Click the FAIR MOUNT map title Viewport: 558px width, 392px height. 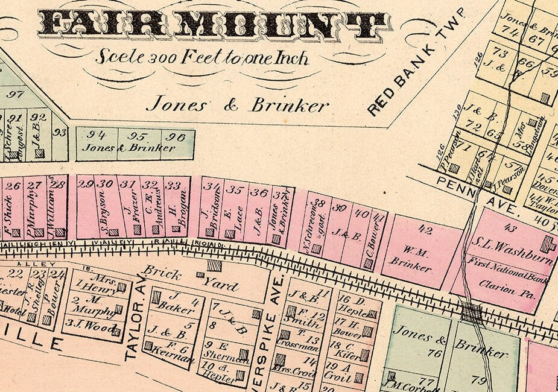point(215,25)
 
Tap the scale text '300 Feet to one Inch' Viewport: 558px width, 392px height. point(201,58)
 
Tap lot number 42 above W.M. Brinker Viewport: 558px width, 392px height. point(425,230)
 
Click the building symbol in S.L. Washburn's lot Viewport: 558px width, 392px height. point(548,244)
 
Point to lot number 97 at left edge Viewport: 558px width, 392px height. point(15,93)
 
